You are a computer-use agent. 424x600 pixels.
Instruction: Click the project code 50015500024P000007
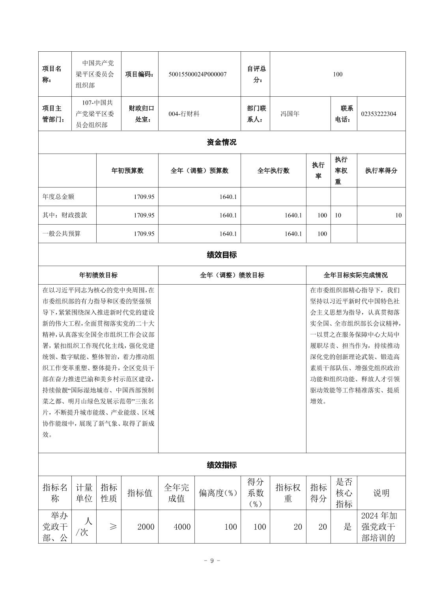(197, 74)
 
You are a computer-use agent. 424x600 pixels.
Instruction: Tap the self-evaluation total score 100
(338, 74)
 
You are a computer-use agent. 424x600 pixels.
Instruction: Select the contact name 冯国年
(290, 114)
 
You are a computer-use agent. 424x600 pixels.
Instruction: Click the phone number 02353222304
(379, 114)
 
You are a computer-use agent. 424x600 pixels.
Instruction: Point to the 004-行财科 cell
(184, 114)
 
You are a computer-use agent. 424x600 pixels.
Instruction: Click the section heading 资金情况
(222, 142)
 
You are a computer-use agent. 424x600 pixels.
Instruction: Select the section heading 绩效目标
(222, 255)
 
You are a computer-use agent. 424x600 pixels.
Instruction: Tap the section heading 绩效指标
(222, 465)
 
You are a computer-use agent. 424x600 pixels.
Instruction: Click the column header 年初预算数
(127, 171)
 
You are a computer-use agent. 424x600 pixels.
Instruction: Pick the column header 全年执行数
(273, 171)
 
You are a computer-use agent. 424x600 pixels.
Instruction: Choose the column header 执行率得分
(381, 171)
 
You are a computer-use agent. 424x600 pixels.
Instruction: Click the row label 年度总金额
(58, 197)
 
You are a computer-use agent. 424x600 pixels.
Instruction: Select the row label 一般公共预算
(62, 234)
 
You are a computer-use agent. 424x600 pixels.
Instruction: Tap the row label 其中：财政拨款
(65, 215)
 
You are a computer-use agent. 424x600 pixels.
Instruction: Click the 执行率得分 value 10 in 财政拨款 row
(398, 215)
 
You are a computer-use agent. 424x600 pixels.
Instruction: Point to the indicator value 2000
(146, 527)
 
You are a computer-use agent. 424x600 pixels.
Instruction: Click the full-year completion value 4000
(182, 527)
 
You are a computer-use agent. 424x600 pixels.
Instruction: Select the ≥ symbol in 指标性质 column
(113, 527)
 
